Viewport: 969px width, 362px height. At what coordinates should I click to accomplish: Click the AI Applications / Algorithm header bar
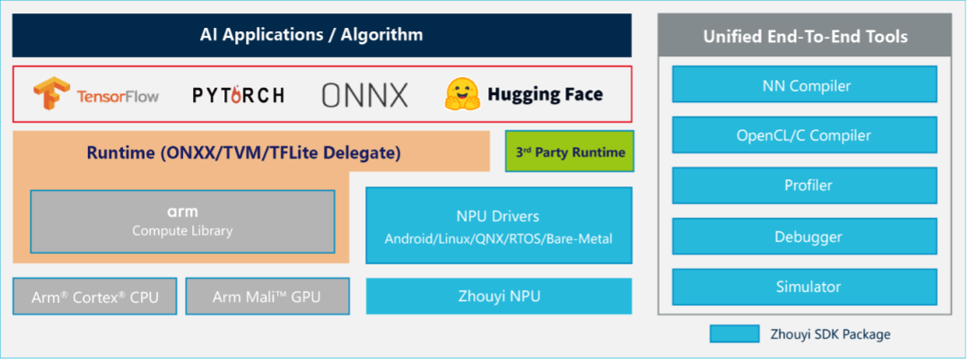tap(321, 36)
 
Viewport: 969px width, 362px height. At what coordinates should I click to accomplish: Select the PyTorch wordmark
tap(239, 94)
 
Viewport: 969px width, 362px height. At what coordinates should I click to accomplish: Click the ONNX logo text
tap(364, 94)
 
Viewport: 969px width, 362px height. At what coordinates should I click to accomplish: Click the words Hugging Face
tap(545, 94)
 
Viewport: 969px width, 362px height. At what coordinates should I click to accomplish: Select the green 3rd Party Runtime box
tap(570, 151)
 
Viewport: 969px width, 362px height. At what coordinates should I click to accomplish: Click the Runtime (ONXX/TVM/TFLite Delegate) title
tap(243, 153)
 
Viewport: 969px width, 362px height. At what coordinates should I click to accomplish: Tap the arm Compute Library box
tap(182, 221)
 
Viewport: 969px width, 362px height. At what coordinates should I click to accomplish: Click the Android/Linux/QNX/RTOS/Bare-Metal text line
tap(498, 238)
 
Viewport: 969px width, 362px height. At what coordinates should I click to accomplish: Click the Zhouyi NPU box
tap(498, 297)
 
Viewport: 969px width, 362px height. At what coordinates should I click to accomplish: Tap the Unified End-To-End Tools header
tap(805, 37)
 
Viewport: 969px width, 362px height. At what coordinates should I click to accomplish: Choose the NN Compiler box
tap(805, 86)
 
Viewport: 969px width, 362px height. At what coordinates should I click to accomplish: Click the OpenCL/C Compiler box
tap(805, 136)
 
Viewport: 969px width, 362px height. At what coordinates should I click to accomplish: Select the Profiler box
tap(805, 185)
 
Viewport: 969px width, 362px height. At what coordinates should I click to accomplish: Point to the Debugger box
tap(805, 237)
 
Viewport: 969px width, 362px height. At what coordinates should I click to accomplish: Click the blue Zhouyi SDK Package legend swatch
tap(735, 334)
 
